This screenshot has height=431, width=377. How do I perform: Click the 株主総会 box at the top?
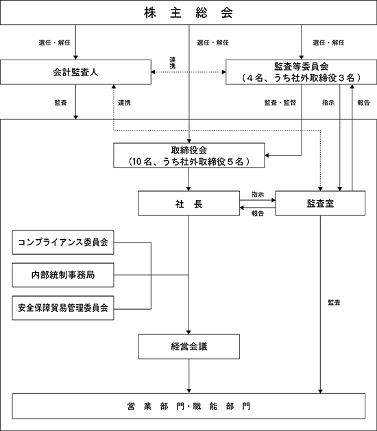pyautogui.click(x=188, y=12)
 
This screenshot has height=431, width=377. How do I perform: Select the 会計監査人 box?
pyautogui.click(x=75, y=72)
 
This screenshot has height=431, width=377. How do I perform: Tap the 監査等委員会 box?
pyautogui.click(x=301, y=72)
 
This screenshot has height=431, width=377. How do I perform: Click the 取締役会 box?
pyautogui.click(x=189, y=156)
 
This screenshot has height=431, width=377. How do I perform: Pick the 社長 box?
pyautogui.click(x=188, y=204)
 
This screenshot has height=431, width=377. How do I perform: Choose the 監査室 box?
pyautogui.click(x=320, y=204)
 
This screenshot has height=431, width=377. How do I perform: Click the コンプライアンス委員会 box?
pyautogui.click(x=63, y=243)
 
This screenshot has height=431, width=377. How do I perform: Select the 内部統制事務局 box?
pyautogui.click(x=63, y=275)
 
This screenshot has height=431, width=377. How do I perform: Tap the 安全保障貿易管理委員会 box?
pyautogui.click(x=63, y=308)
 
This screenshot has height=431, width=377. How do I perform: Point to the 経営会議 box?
pyautogui.click(x=188, y=347)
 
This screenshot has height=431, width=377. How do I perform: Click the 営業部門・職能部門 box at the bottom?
pyautogui.click(x=188, y=406)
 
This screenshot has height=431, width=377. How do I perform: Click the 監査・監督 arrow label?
pyautogui.click(x=280, y=103)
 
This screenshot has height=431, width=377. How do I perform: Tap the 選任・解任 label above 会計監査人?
pyautogui.click(x=54, y=42)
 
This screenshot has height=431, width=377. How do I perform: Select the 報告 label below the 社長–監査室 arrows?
pyautogui.click(x=258, y=213)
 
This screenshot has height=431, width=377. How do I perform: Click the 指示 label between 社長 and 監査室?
pyautogui.click(x=258, y=195)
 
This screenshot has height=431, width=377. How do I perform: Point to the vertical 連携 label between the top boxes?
pyautogui.click(x=173, y=62)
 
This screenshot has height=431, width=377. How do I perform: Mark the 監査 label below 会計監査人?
pyautogui.click(x=61, y=103)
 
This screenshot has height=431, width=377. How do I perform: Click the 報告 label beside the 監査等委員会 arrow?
pyautogui.click(x=363, y=103)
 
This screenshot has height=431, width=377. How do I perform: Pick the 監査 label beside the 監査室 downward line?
pyautogui.click(x=334, y=303)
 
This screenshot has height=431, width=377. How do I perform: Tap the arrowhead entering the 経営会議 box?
pyautogui.click(x=188, y=332)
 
